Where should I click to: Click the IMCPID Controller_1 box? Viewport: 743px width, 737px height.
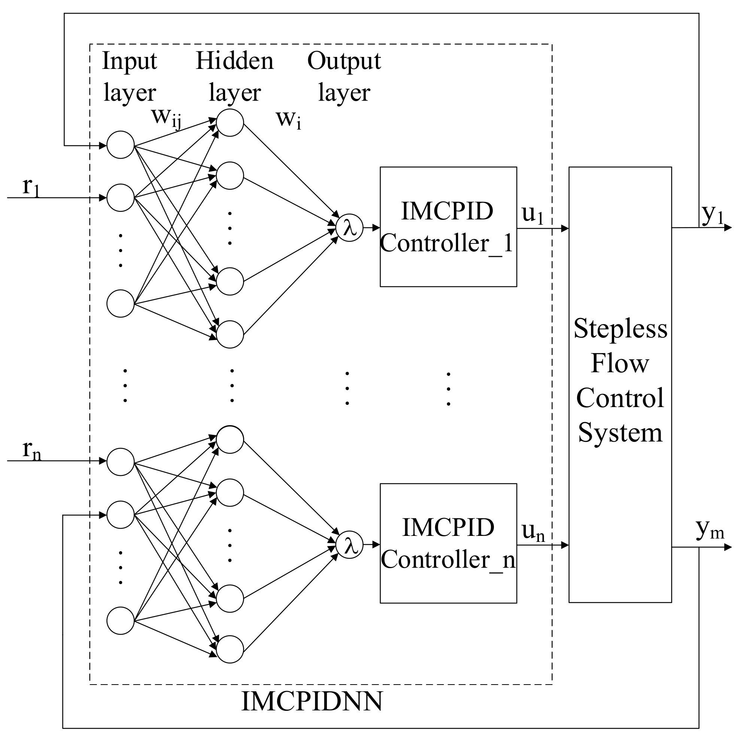[x=448, y=227]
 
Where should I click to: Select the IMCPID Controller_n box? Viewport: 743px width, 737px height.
[x=448, y=543]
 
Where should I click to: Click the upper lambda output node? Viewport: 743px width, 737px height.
[x=349, y=228]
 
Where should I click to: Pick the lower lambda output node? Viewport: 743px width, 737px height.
[x=349, y=545]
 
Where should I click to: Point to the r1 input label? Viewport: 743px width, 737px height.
[x=31, y=187]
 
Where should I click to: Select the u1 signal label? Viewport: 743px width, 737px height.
[x=532, y=214]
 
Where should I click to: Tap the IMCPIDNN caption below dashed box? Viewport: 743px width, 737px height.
[x=312, y=701]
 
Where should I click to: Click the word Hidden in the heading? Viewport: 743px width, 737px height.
[x=234, y=61]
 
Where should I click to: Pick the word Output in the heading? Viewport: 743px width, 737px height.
[x=344, y=61]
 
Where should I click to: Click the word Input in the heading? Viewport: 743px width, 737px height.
[x=129, y=61]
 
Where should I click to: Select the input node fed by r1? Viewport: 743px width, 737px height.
[x=120, y=198]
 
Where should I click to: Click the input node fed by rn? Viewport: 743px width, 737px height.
[x=120, y=462]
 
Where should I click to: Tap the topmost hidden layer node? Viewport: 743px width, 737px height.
[x=230, y=123]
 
